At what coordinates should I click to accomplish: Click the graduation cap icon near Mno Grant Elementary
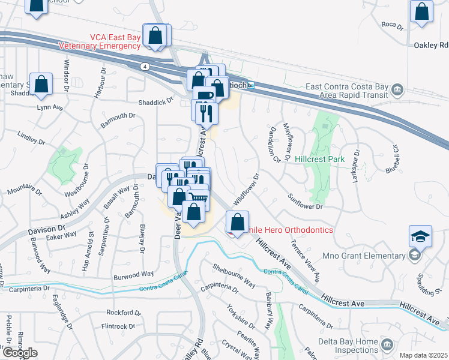pyautogui.click(x=421, y=236)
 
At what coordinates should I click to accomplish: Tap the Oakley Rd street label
pyautogui.click(x=431, y=45)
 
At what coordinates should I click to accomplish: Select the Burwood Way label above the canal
pyautogui.click(x=134, y=275)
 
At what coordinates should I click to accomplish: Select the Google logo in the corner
pyautogui.click(x=20, y=352)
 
